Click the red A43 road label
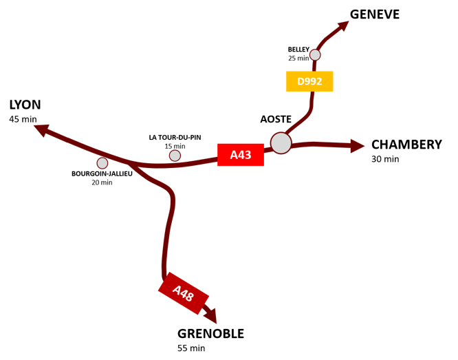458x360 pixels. [x=240, y=155]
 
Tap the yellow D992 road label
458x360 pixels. [x=309, y=81]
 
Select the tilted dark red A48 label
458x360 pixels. [x=183, y=293]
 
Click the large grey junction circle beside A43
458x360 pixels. [x=281, y=143]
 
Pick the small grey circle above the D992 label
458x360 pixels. [x=315, y=55]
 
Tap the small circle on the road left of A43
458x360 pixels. [x=175, y=156]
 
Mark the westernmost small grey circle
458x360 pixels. [x=102, y=163]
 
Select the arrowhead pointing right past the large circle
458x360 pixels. [x=357, y=146]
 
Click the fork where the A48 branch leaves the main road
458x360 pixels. [x=129, y=164]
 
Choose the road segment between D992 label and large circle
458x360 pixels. [x=303, y=118]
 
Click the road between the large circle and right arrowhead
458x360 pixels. [x=320, y=144]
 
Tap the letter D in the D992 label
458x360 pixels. [x=301, y=82]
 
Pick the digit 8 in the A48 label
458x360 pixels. [x=190, y=297]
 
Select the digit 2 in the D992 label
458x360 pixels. [x=318, y=82]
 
